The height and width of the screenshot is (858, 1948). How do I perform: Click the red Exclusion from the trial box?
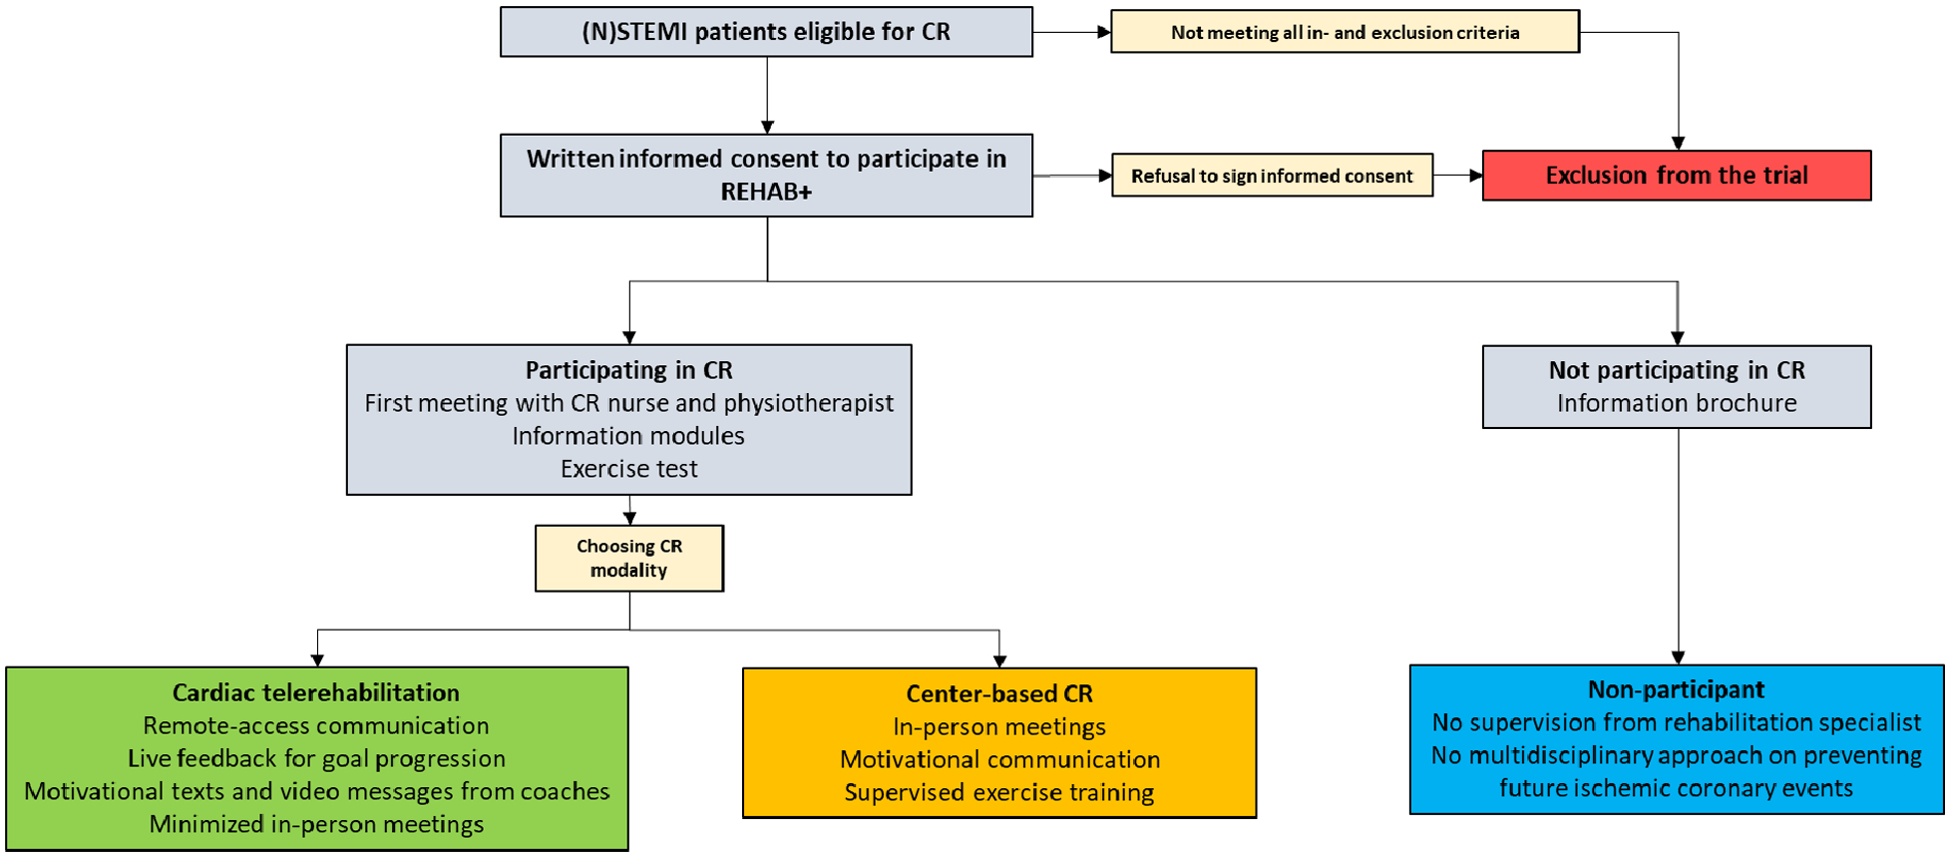click(1676, 176)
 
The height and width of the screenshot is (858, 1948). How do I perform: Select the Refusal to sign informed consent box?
click(1272, 176)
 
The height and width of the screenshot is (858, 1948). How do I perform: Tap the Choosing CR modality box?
click(628, 559)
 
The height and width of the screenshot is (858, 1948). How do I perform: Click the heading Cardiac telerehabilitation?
click(316, 692)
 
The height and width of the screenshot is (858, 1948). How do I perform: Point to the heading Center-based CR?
click(998, 693)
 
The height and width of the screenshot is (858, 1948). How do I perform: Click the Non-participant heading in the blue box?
click(1676, 689)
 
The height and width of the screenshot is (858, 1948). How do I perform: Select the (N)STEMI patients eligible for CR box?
click(766, 32)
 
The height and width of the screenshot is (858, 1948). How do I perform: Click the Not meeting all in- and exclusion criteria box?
click(1345, 32)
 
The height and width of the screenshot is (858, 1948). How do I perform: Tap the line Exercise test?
click(628, 469)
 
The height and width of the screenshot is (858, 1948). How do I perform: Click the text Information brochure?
click(1676, 403)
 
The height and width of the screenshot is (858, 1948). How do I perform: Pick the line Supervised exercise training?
click(998, 792)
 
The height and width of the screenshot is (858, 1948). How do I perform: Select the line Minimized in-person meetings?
click(316, 824)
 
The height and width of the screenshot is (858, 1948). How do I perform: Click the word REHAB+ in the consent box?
click(766, 192)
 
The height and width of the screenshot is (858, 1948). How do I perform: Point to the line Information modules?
click(628, 436)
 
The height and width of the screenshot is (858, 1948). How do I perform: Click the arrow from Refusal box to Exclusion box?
click(1457, 176)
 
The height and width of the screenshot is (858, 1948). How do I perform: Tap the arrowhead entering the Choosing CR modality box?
click(629, 518)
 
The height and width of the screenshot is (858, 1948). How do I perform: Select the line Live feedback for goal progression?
click(316, 758)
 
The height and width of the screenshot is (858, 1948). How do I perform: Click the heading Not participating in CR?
click(1676, 370)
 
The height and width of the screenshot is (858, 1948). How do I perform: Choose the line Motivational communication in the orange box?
click(998, 759)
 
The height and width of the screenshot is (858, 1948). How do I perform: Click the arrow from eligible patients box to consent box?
click(767, 95)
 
